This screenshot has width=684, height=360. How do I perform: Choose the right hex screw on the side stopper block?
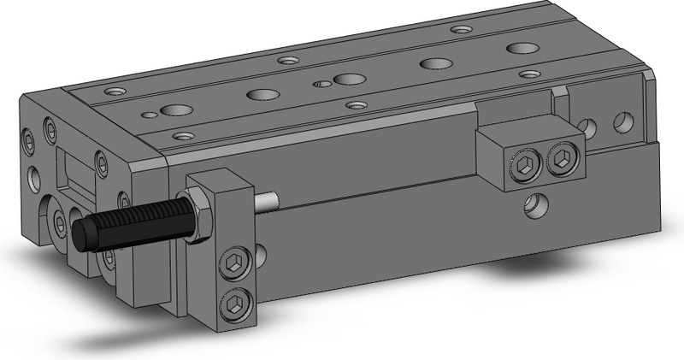562,159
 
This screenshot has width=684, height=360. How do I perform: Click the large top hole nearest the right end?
520,48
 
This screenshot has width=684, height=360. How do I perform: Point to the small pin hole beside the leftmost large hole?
150,113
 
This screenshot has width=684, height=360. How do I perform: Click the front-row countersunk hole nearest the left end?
181,134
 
